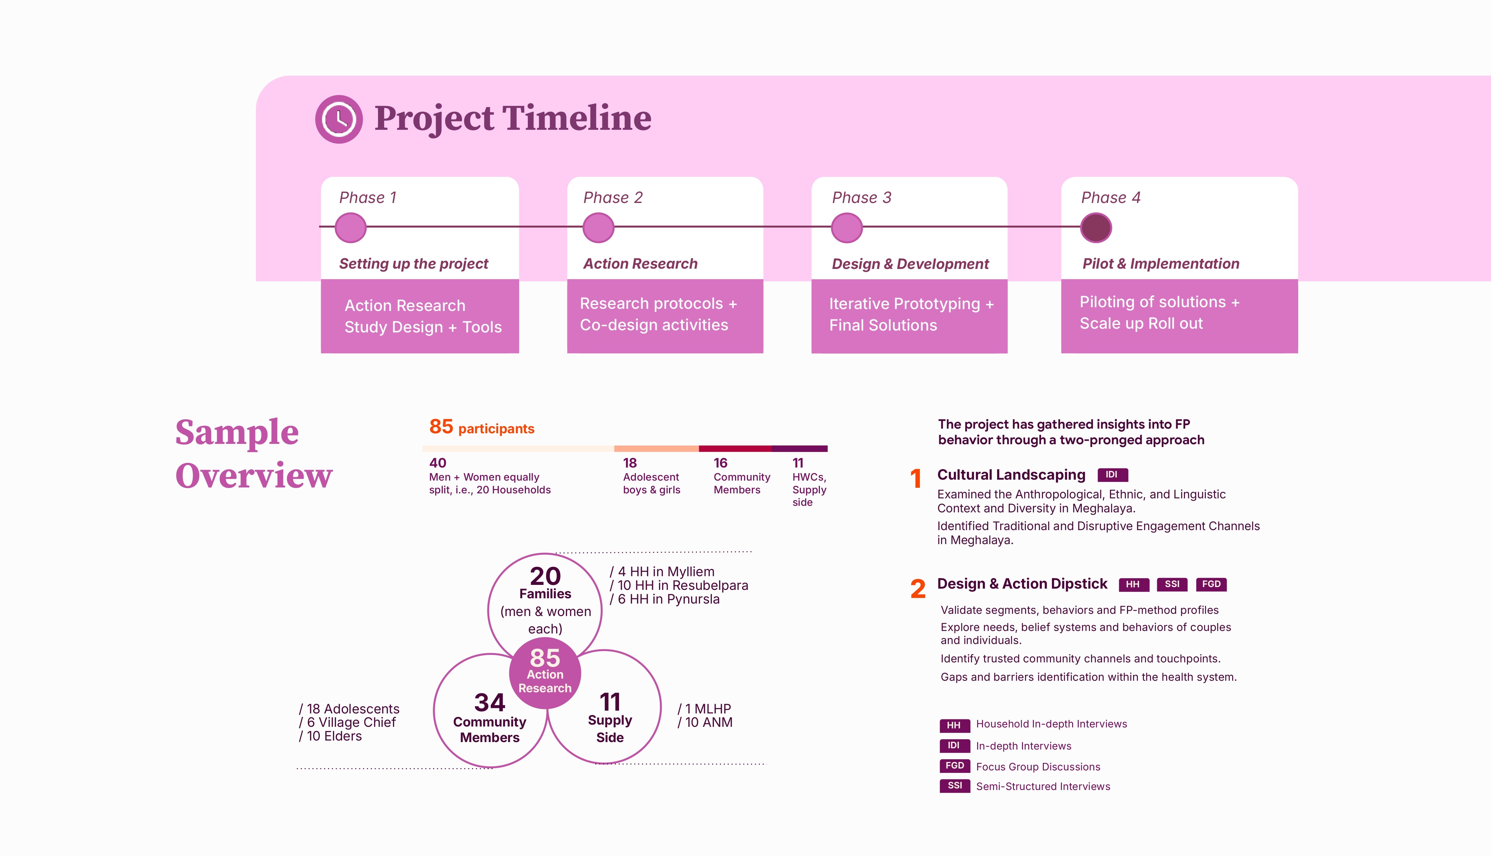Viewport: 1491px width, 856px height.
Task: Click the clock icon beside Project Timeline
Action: (339, 119)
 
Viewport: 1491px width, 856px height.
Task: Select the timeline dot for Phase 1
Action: (351, 228)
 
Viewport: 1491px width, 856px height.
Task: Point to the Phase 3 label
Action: (862, 198)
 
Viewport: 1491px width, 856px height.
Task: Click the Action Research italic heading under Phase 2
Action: (641, 263)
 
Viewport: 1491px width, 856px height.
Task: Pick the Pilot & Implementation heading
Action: (1161, 263)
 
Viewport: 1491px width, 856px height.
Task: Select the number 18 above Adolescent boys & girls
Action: (630, 463)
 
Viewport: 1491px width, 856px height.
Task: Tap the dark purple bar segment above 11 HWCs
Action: (799, 449)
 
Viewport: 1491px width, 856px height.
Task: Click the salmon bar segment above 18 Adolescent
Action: (656, 449)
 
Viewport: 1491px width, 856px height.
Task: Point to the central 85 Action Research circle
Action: (545, 673)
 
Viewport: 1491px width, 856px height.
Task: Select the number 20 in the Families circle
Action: (545, 576)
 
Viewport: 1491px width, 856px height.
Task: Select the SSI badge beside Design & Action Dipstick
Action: (1172, 584)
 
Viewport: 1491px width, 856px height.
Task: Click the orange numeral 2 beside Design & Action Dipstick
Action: (917, 589)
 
